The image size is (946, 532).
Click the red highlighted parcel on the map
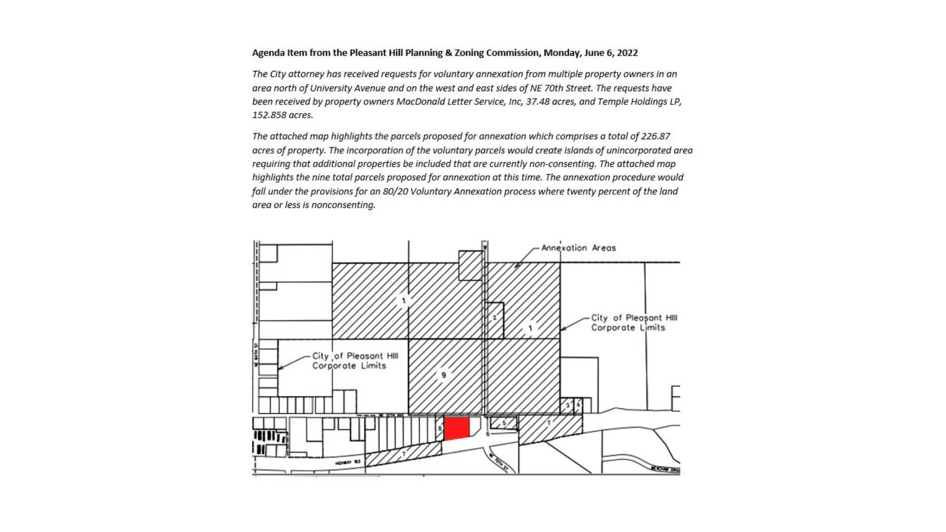click(x=457, y=428)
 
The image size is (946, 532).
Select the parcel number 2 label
click(x=494, y=318)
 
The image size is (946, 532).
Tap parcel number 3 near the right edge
click(x=567, y=406)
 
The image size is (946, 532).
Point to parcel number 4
click(x=578, y=405)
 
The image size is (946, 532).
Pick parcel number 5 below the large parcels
click(x=504, y=423)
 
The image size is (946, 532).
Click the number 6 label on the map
click(x=488, y=434)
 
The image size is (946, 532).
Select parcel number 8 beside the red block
click(x=440, y=428)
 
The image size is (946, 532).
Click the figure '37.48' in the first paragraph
click(x=538, y=102)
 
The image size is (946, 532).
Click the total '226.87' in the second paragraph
click(x=656, y=136)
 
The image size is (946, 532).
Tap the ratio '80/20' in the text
click(x=395, y=192)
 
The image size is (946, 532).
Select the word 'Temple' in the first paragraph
click(x=610, y=102)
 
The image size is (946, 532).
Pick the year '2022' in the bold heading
click(x=627, y=53)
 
